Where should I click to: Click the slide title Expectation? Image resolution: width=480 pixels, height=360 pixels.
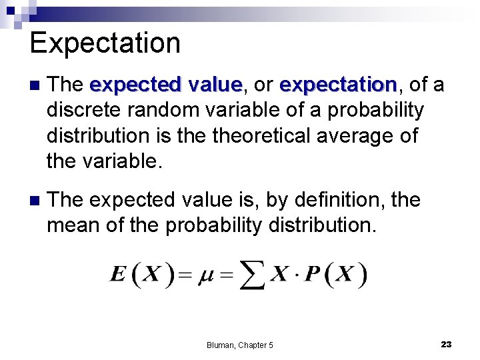tap(105, 43)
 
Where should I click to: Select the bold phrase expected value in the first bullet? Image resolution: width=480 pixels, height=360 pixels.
tap(165, 85)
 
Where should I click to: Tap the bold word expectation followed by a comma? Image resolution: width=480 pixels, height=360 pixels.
tap(337, 85)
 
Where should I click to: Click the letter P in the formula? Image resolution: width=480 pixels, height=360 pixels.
tap(312, 274)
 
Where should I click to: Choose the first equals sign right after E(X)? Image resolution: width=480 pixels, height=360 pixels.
tap(186, 275)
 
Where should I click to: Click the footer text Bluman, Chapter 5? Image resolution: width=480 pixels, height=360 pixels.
tap(239, 345)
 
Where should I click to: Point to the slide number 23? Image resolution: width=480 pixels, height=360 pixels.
tap(446, 344)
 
